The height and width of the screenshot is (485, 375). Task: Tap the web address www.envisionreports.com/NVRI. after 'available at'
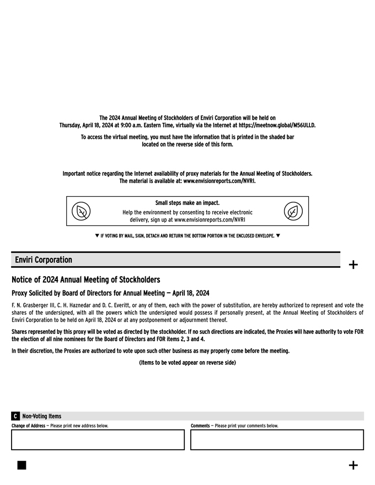pos(219,181)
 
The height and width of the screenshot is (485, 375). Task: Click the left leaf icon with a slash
pos(81,211)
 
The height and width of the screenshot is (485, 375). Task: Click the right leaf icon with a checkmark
pos(293,211)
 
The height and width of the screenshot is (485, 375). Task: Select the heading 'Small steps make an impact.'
pos(187,203)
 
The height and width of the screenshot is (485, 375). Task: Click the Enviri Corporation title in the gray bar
pos(44,260)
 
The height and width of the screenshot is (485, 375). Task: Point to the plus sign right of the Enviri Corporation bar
pos(353,265)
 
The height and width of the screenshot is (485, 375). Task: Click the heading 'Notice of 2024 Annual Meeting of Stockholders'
pos(85,280)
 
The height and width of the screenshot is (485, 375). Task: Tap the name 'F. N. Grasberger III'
pos(33,305)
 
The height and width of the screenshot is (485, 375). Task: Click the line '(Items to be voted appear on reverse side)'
pos(187,363)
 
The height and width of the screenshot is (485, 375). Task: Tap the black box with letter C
pos(15,416)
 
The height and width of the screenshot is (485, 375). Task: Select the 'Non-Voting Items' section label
pos(42,416)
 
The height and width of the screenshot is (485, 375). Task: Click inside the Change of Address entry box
pos(98,440)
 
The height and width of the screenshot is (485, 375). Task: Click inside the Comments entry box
pos(277,440)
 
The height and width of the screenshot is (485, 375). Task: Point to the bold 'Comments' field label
pos(200,426)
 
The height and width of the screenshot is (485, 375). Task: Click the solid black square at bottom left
pos(22,465)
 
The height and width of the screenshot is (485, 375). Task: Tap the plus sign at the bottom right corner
pos(353,466)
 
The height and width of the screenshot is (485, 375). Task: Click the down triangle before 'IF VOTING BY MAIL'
pos(97,236)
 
